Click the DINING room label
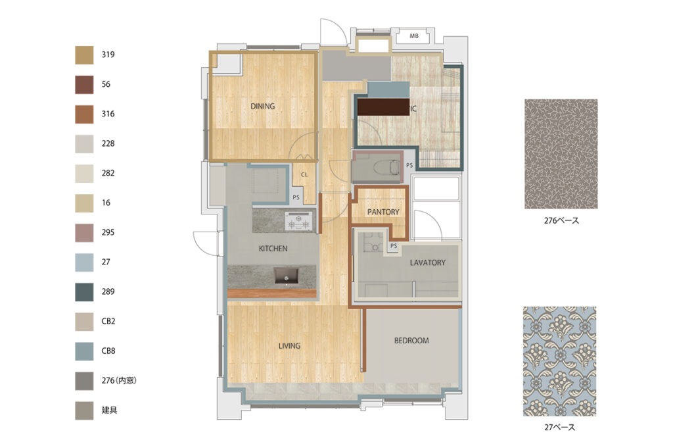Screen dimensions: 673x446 pyautogui.click(x=263, y=106)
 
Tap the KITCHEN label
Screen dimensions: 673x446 pyautogui.click(x=273, y=249)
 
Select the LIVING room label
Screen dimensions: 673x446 pyautogui.click(x=289, y=345)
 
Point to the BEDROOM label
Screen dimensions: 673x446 pyautogui.click(x=411, y=341)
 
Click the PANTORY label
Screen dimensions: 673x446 pyautogui.click(x=383, y=212)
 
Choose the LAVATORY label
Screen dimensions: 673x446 pyautogui.click(x=427, y=262)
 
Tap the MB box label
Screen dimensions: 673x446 pyautogui.click(x=414, y=36)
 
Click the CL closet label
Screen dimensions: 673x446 pyautogui.click(x=304, y=174)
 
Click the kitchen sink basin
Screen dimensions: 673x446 pyautogui.click(x=287, y=276)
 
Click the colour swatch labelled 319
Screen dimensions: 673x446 pyautogui.click(x=84, y=55)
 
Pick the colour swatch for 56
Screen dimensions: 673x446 pyautogui.click(x=84, y=85)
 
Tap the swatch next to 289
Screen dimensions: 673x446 pyautogui.click(x=84, y=292)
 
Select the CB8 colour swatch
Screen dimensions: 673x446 pyautogui.click(x=84, y=351)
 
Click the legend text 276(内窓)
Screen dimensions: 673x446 pyautogui.click(x=119, y=380)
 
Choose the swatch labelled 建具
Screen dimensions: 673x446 pyautogui.click(x=84, y=410)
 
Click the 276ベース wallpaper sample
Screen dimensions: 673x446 pyautogui.click(x=561, y=154)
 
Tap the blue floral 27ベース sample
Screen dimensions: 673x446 pyautogui.click(x=560, y=361)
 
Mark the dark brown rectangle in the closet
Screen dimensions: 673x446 pyautogui.click(x=383, y=107)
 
